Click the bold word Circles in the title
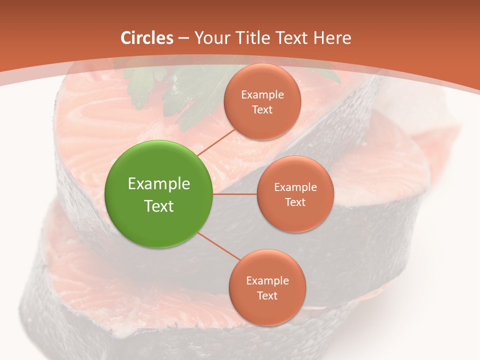(147, 38)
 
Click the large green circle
(159, 194)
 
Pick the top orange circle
(262, 101)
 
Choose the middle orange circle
(295, 194)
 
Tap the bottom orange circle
(267, 288)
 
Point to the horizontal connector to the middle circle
(235, 194)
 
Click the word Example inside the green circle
(159, 184)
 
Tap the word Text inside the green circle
(159, 206)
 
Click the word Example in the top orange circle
(262, 94)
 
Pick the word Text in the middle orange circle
(295, 202)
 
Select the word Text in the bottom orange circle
(267, 295)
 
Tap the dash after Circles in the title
(183, 38)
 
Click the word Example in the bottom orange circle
(267, 280)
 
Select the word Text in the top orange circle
(262, 109)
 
